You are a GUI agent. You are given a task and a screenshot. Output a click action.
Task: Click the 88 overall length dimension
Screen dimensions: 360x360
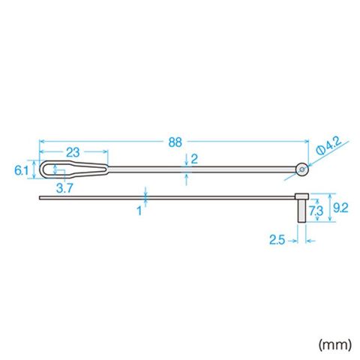(x=175, y=142)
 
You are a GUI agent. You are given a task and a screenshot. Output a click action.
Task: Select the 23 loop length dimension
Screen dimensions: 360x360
(x=73, y=152)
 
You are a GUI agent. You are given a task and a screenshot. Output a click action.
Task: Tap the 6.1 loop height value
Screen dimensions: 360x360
(x=21, y=171)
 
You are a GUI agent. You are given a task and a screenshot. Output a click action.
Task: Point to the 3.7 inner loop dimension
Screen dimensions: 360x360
(x=64, y=188)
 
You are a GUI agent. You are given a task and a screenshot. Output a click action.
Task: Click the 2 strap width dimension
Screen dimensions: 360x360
(x=194, y=159)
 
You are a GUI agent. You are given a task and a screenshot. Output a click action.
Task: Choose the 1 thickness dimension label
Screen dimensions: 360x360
(x=139, y=211)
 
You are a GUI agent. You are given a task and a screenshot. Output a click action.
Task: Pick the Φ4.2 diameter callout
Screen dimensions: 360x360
(x=328, y=146)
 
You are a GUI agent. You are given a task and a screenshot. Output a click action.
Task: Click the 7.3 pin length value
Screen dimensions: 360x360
(x=316, y=211)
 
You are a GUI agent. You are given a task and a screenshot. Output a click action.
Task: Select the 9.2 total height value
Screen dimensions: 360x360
(x=340, y=208)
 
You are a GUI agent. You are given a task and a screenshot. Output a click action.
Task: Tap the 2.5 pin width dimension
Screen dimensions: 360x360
(x=277, y=240)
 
